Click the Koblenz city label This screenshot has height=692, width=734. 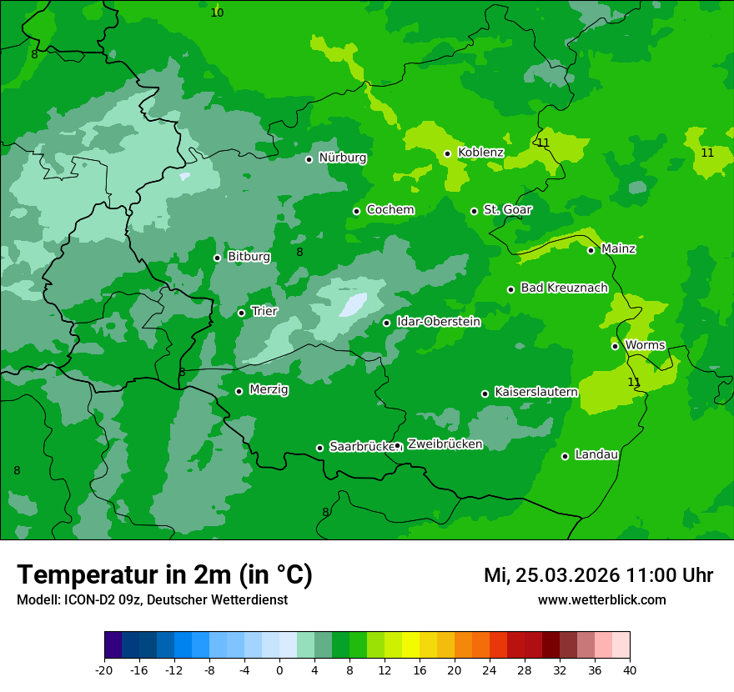(480, 153)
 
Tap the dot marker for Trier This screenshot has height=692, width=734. (242, 313)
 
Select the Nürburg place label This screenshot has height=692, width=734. (342, 158)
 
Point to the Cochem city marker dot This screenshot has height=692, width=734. (357, 211)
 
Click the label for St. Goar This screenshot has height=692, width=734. (507, 210)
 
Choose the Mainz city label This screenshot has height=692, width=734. (618, 249)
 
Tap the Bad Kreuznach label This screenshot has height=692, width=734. (564, 288)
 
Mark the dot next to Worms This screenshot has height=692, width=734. (616, 346)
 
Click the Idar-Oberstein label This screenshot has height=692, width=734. (438, 322)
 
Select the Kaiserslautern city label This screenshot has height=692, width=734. (535, 392)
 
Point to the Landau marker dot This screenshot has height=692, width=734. (566, 456)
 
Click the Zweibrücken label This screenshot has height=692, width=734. (445, 444)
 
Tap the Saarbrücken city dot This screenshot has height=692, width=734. (319, 448)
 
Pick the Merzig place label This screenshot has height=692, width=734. (269, 389)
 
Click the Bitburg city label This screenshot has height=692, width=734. (249, 257)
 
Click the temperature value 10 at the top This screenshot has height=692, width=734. (217, 13)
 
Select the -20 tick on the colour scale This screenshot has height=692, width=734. (104, 669)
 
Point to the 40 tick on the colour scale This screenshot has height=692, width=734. (630, 669)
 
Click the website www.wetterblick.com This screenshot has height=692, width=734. (601, 600)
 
